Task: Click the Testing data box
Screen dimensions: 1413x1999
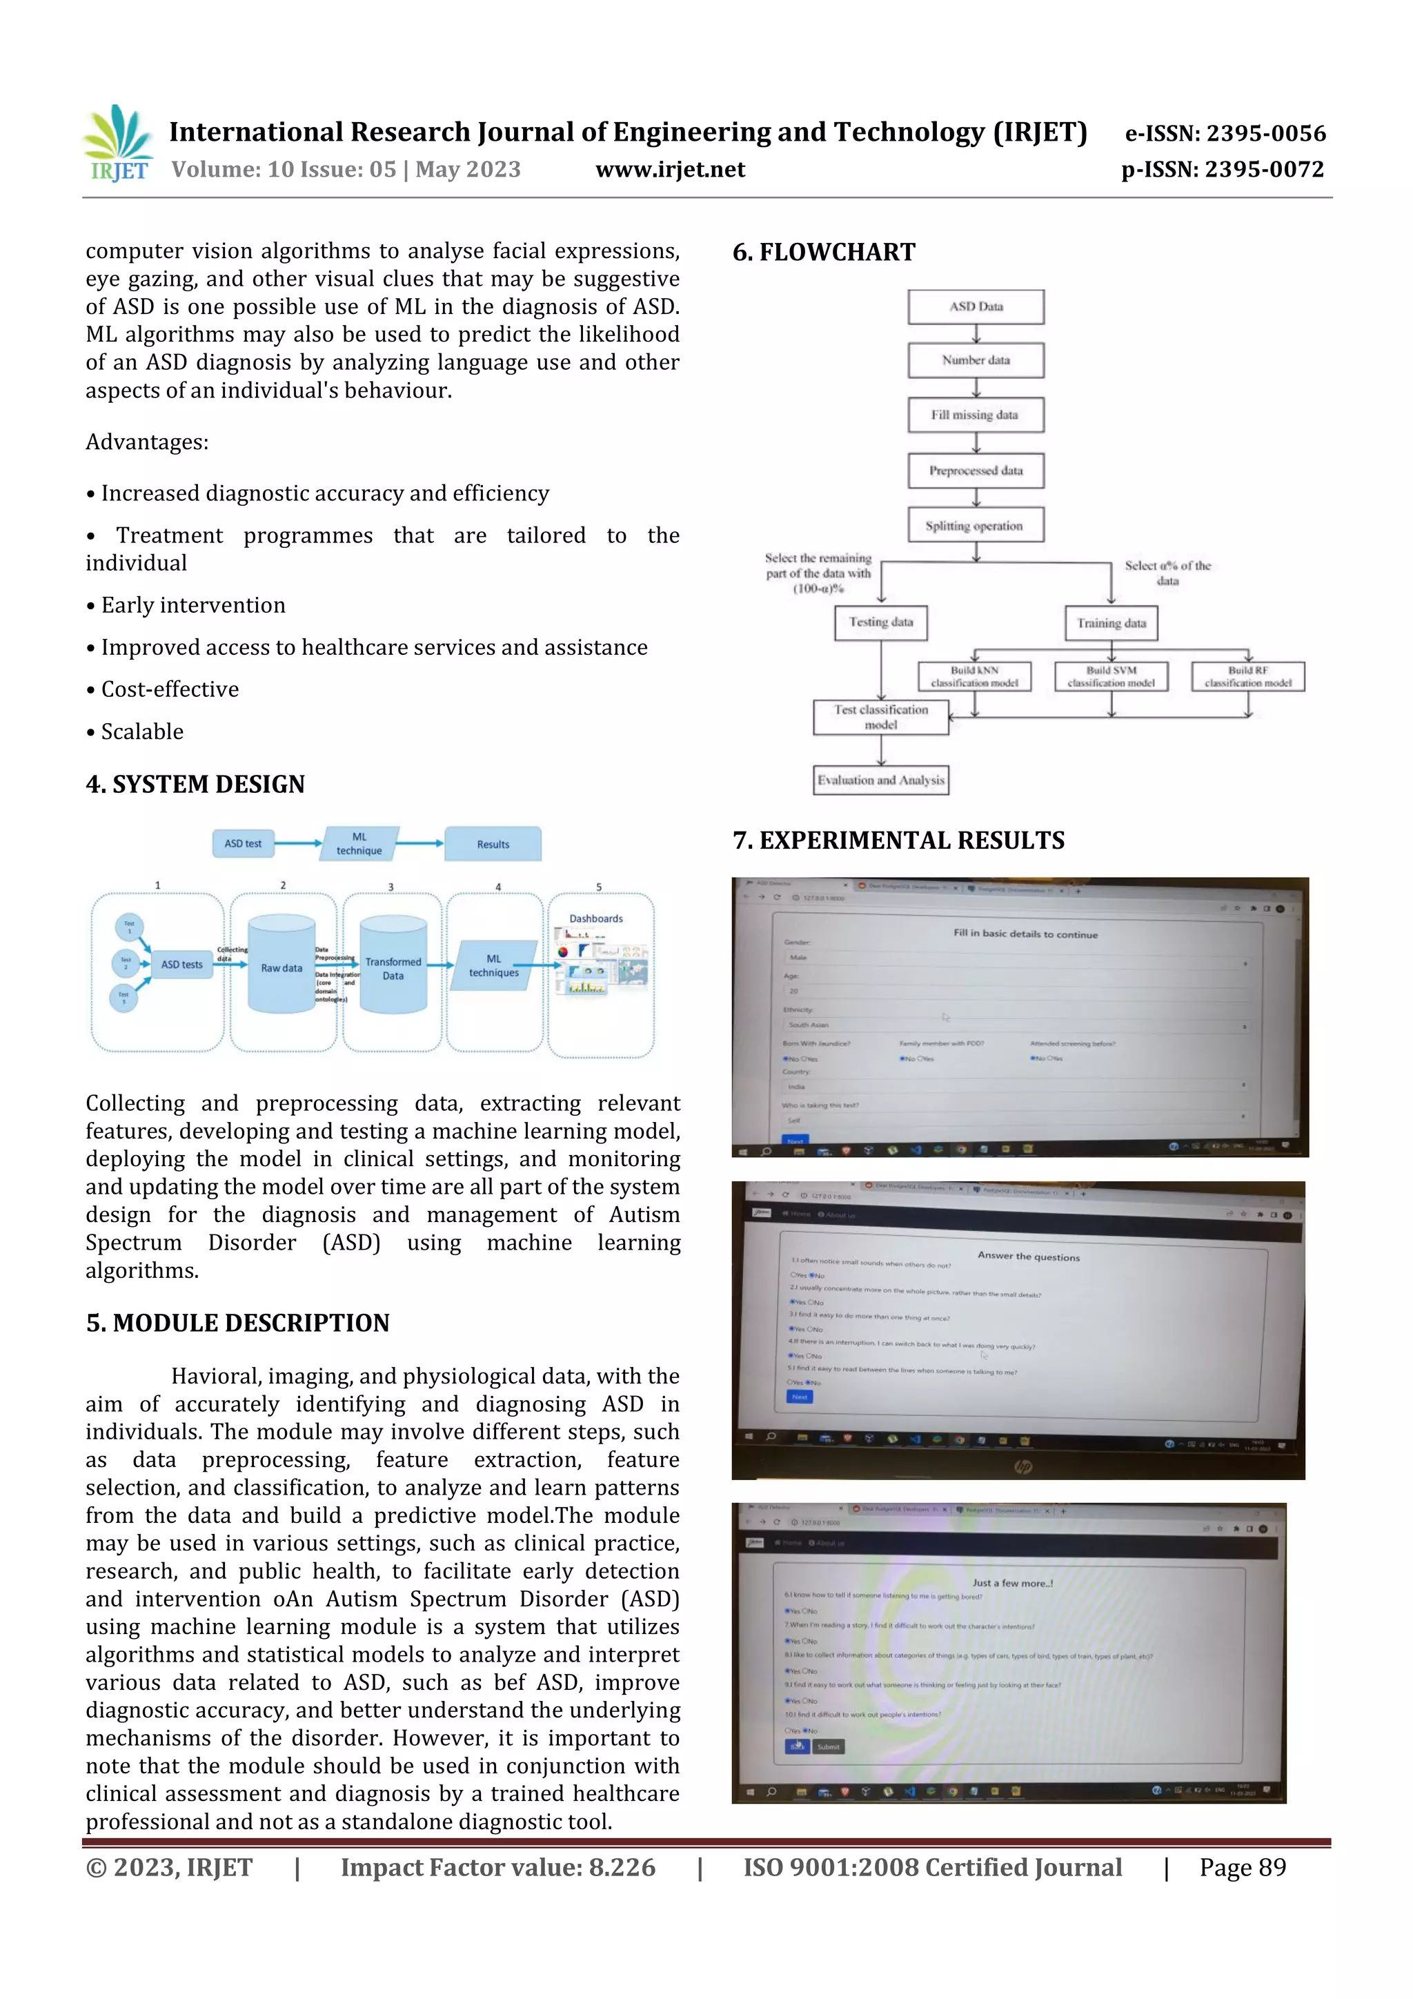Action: tap(880, 622)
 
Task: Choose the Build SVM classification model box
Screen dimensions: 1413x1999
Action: tap(1111, 676)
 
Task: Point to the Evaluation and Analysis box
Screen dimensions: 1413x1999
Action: tap(880, 780)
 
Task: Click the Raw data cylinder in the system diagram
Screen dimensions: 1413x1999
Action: tap(281, 965)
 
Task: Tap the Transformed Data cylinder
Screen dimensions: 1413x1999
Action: tap(393, 967)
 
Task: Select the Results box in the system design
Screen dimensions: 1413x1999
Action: tap(493, 845)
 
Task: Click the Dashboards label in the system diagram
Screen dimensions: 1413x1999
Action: tap(596, 918)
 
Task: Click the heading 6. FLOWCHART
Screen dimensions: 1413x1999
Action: tap(824, 253)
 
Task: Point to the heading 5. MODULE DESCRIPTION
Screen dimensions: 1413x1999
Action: tap(237, 1323)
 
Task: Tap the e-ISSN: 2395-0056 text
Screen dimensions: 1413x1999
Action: tap(1225, 133)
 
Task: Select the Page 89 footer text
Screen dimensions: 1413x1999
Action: tap(1243, 1867)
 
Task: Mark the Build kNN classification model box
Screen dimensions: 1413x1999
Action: tap(974, 676)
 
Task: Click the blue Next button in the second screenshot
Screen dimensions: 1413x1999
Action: tap(799, 1397)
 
